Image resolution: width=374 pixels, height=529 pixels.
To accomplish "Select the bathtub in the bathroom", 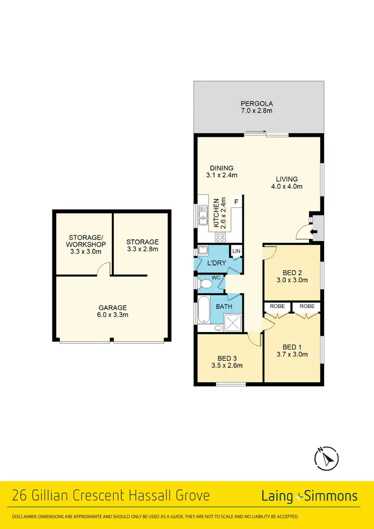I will pos(203,310).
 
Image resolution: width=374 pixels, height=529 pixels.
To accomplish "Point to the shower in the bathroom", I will pos(232,324).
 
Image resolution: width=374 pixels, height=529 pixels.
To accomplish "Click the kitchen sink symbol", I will pos(203,216).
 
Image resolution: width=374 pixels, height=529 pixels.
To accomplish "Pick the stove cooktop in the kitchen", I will pos(221,237).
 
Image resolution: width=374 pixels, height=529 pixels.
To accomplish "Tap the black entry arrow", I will pos(314,232).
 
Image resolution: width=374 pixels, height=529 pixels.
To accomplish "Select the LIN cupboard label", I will pos(236,251).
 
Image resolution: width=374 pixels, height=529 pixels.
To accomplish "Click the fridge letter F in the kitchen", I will pos(236,201).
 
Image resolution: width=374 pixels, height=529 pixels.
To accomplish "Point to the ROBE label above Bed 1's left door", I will pos(278,306).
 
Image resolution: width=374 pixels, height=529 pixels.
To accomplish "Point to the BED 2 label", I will pos(292,273).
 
